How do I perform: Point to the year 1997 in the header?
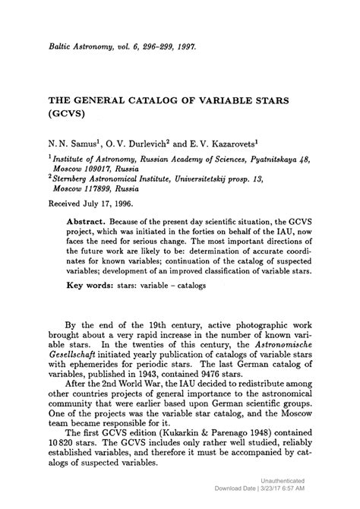(x=182, y=46)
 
